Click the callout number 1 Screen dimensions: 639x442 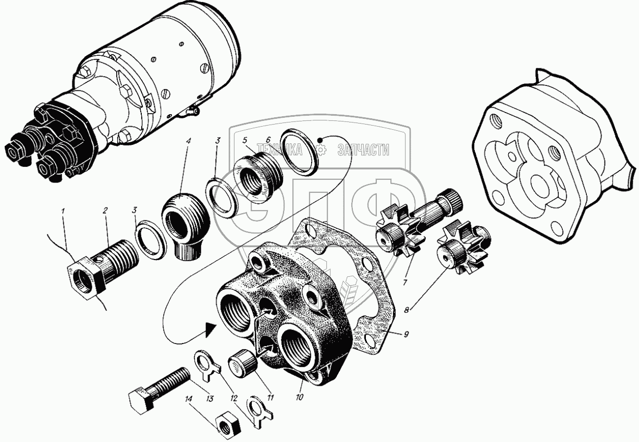click(63, 212)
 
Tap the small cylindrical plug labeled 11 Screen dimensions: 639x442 click(241, 362)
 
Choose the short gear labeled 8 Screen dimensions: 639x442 click(459, 247)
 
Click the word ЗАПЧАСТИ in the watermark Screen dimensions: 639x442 click(363, 151)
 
